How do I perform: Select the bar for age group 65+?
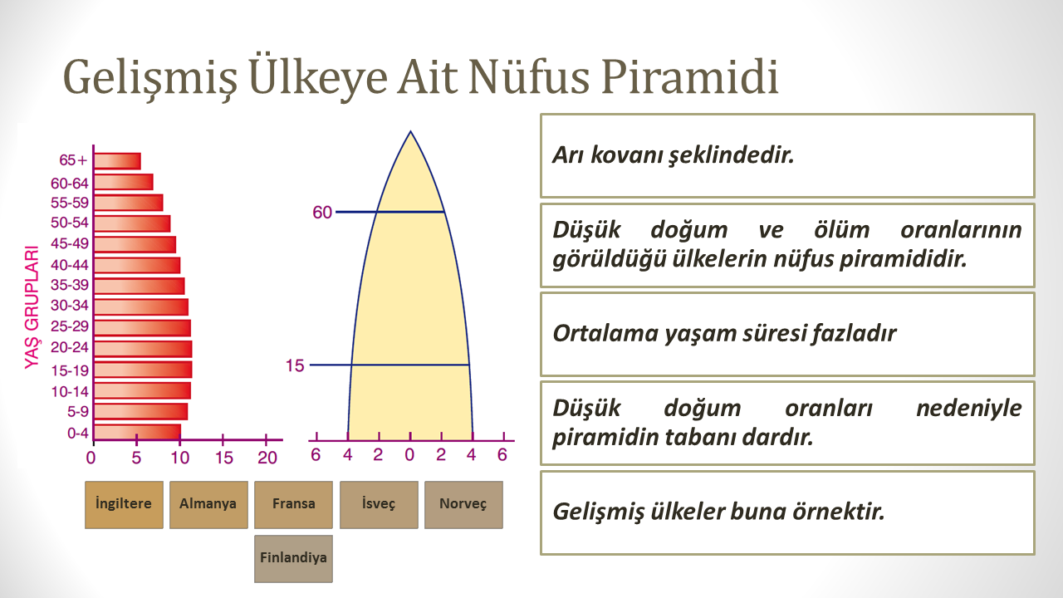pyautogui.click(x=117, y=161)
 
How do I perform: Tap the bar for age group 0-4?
pyautogui.click(x=137, y=432)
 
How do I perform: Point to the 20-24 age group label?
pyautogui.click(x=70, y=347)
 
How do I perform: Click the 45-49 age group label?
pyautogui.click(x=70, y=243)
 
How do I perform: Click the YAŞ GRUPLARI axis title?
pyautogui.click(x=32, y=307)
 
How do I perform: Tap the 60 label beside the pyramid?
pyautogui.click(x=322, y=212)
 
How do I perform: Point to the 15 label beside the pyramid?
pyautogui.click(x=295, y=365)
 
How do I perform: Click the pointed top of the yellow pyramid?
pyautogui.click(x=410, y=131)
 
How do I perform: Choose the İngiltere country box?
pyautogui.click(x=124, y=505)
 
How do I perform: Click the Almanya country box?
pyautogui.click(x=208, y=505)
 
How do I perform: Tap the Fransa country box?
pyautogui.click(x=293, y=505)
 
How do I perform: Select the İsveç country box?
pyautogui.click(x=379, y=505)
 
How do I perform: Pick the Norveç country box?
pyautogui.click(x=463, y=505)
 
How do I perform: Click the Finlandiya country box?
pyautogui.click(x=293, y=559)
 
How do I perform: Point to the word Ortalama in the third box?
pyautogui.click(x=605, y=333)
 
